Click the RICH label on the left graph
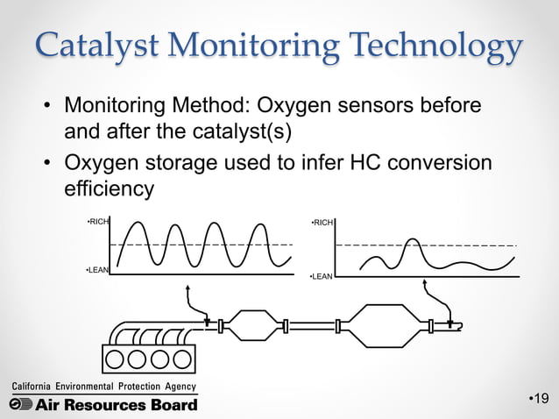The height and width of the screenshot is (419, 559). [x=98, y=223]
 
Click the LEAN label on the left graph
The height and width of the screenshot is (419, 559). [x=97, y=270]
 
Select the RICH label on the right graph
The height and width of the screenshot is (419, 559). [x=322, y=224]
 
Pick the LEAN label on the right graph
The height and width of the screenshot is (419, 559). [x=322, y=277]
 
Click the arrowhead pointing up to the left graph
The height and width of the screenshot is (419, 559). [x=187, y=284]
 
